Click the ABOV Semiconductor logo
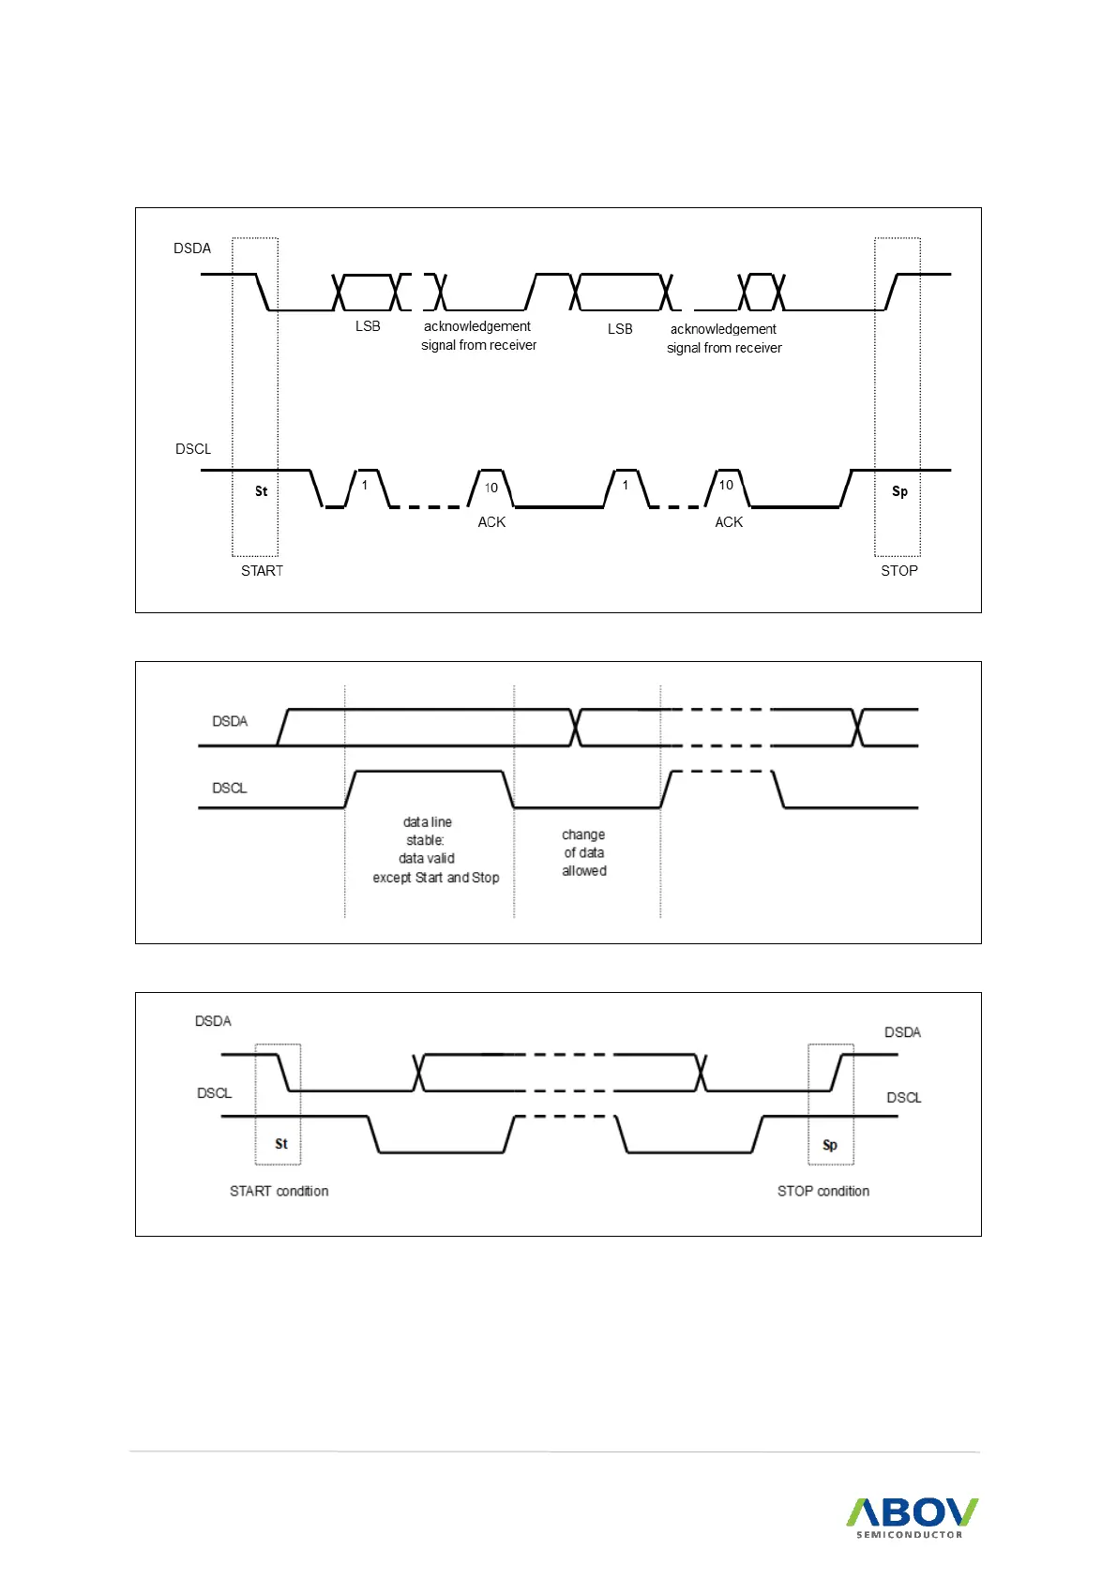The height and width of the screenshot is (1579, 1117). point(911,1516)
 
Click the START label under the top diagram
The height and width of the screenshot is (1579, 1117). point(262,571)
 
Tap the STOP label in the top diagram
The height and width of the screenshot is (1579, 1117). point(898,571)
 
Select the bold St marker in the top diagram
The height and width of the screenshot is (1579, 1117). point(261,491)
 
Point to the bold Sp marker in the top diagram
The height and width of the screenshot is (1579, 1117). point(899,491)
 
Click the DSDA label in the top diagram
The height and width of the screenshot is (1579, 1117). point(192,248)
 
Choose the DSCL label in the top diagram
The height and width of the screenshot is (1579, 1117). point(193,449)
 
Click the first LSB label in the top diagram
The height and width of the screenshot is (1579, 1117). point(368,326)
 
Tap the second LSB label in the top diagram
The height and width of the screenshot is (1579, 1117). point(620,329)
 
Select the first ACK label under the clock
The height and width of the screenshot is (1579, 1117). point(491,522)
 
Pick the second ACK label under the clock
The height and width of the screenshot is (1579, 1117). point(729,522)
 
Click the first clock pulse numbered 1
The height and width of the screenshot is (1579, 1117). point(365,485)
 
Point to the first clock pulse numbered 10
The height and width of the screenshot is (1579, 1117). point(491,488)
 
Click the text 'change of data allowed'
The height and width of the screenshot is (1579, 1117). point(583,852)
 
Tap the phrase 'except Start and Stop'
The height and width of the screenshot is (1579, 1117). point(436,878)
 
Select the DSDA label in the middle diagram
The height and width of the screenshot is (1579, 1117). point(230,721)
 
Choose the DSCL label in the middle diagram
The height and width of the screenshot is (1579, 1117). point(230,788)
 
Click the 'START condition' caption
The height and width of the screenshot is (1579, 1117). point(279,1191)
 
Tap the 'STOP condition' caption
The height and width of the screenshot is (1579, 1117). point(823,1191)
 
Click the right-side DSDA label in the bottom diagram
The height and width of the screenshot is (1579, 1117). point(902,1032)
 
